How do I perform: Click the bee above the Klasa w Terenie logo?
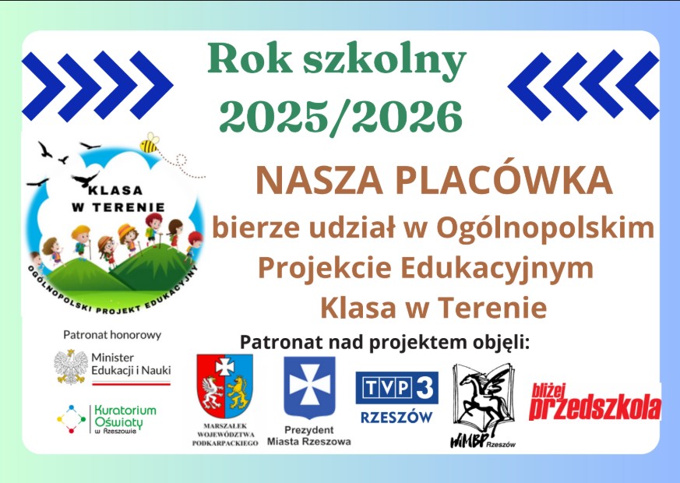click(x=150, y=143)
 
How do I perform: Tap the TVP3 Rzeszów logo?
click(x=396, y=397)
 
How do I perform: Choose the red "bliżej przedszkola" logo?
click(x=595, y=402)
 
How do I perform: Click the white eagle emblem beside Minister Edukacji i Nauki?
click(x=71, y=367)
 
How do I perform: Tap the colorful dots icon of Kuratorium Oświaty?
click(x=71, y=419)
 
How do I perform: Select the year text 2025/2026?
click(x=341, y=116)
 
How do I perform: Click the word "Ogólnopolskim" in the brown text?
click(x=545, y=228)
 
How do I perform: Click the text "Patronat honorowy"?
click(x=112, y=335)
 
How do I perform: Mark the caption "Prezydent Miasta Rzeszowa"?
click(x=308, y=435)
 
